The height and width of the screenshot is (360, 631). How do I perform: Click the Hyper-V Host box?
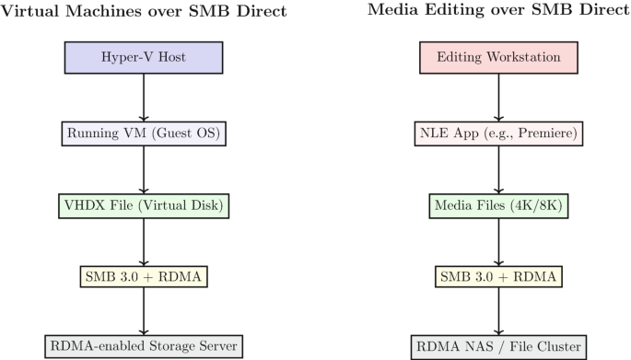144,58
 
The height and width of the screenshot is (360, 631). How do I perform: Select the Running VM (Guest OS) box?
144,134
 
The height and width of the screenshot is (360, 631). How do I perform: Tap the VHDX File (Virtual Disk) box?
144,203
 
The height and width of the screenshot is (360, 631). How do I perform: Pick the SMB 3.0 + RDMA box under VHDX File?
144,276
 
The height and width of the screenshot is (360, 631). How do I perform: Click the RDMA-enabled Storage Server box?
144,346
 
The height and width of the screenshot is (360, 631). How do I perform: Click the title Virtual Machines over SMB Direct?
144,12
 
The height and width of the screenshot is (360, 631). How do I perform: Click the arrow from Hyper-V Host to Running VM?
144,97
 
